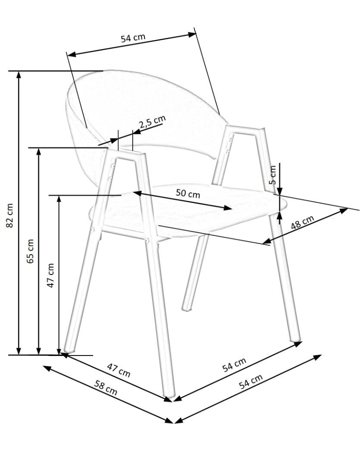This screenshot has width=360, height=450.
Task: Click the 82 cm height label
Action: pos(10,215)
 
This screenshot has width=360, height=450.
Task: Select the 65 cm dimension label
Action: pos(30,251)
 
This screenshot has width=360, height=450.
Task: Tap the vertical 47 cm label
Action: pos(50,275)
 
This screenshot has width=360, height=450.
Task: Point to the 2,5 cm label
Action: pos(153,121)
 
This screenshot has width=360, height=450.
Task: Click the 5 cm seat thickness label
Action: pos(273,175)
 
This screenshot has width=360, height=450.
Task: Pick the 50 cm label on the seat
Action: pos(188,193)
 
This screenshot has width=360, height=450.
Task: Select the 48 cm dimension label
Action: pos(302,222)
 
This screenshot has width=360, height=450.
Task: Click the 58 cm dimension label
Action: pos(106,387)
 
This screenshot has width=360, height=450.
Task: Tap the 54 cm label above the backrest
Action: pos(133,38)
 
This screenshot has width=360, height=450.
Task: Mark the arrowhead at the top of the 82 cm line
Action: pos(18,74)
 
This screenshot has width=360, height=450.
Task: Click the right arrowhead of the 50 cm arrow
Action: pos(228,207)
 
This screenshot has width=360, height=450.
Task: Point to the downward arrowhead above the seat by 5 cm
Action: pos(280,191)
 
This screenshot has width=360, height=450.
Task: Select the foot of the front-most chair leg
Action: pos(169,395)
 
